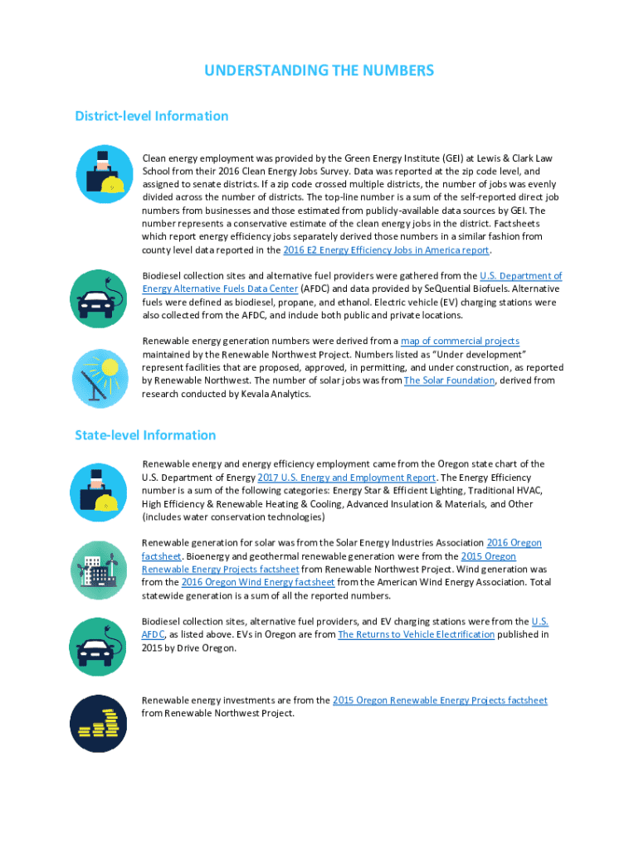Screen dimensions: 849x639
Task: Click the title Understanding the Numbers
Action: click(x=319, y=70)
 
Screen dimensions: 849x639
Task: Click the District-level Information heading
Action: click(x=151, y=116)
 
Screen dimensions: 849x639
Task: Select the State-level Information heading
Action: click(x=145, y=435)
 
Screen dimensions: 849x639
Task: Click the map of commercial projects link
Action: click(x=460, y=341)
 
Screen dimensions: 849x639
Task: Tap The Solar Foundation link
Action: click(x=449, y=381)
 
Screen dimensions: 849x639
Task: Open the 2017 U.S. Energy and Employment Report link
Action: click(x=346, y=478)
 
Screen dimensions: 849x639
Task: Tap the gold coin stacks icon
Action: click(x=99, y=723)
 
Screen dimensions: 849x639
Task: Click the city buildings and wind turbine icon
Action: click(x=99, y=570)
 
